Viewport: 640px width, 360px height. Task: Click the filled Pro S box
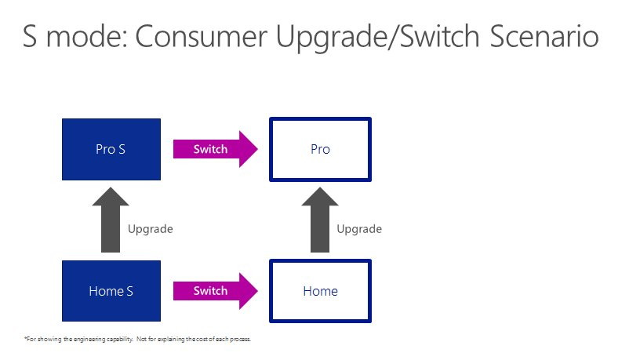coord(111,149)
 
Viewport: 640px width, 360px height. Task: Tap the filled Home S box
coord(111,291)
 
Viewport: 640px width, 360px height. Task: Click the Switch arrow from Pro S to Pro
coord(216,149)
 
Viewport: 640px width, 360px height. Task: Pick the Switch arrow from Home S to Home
coord(216,291)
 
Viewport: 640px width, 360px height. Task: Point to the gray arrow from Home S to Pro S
coord(111,220)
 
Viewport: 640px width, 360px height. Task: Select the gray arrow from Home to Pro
coord(320,220)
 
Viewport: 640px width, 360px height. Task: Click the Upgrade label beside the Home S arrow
coord(151,229)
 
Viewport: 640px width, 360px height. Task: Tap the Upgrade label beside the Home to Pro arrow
coord(359,229)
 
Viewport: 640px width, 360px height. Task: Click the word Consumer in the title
coord(202,36)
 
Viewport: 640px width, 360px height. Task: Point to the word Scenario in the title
coord(544,36)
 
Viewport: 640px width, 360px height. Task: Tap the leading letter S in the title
coord(30,36)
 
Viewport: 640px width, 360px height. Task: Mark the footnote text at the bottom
coord(137,339)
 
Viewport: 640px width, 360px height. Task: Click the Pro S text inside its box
coord(111,149)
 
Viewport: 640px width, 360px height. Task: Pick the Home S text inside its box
coord(111,291)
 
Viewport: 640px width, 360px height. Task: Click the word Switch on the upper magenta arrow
coord(210,149)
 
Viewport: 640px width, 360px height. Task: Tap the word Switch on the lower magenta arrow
coord(210,291)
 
